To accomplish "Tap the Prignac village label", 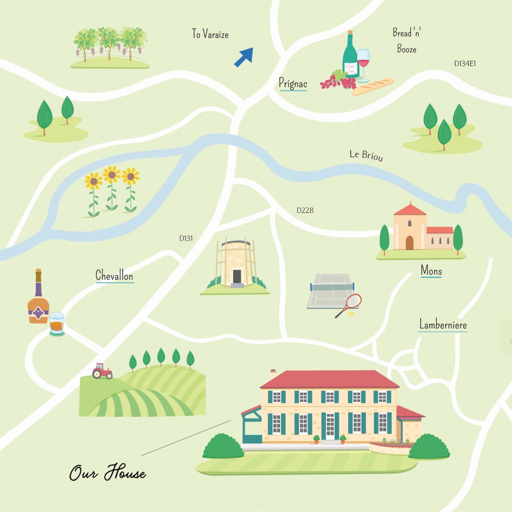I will [293, 84].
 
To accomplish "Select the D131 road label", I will [186, 238].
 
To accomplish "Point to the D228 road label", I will [305, 210].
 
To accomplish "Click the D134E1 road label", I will [465, 64].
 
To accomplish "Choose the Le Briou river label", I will [366, 155].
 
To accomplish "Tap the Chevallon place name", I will [114, 275].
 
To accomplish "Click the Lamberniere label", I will [443, 325].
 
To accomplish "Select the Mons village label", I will [431, 271].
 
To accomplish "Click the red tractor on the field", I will [102, 371].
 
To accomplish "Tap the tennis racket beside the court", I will [350, 304].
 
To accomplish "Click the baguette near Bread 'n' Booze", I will [373, 87].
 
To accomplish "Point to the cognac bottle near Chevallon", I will [38, 299].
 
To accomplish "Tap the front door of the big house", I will [330, 426].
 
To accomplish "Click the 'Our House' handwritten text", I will [108, 473].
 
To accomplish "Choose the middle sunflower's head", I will [111, 175].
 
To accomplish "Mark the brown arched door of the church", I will [409, 242].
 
